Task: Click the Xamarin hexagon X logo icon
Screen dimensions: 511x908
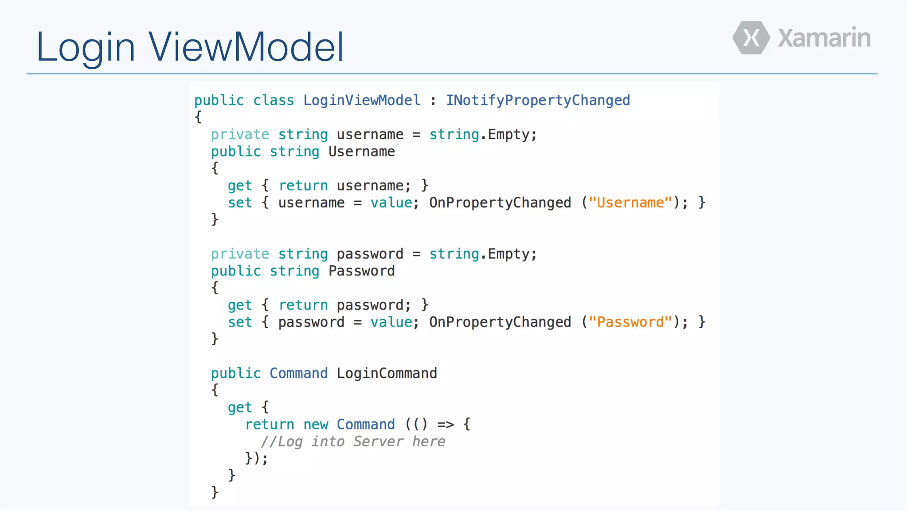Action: pyautogui.click(x=751, y=38)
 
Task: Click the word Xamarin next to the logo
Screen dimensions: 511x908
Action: pyautogui.click(x=824, y=38)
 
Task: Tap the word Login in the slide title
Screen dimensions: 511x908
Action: pyautogui.click(x=86, y=47)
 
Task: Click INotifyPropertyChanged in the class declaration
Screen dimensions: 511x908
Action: pyautogui.click(x=538, y=100)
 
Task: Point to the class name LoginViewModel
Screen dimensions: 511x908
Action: pyautogui.click(x=362, y=100)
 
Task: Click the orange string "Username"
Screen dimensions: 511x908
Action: pyautogui.click(x=630, y=203)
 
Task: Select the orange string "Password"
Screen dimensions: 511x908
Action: pyautogui.click(x=630, y=322)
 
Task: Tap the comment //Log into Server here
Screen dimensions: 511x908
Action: pyautogui.click(x=353, y=442)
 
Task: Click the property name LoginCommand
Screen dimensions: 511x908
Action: pyautogui.click(x=387, y=373)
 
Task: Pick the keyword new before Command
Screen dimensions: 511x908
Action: pyautogui.click(x=316, y=425)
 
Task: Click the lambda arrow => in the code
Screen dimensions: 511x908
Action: pyautogui.click(x=446, y=425)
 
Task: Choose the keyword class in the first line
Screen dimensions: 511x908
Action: pyautogui.click(x=274, y=100)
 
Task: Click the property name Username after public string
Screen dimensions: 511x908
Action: pyautogui.click(x=362, y=152)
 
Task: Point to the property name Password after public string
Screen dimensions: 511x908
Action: pyautogui.click(x=362, y=271)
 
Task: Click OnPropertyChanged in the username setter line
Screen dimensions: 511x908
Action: pyautogui.click(x=500, y=203)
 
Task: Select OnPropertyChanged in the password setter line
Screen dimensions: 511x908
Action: pyautogui.click(x=500, y=322)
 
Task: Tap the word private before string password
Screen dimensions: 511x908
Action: pyautogui.click(x=240, y=254)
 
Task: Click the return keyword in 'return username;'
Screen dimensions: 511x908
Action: pyautogui.click(x=303, y=186)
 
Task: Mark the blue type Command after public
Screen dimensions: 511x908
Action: pyautogui.click(x=299, y=373)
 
